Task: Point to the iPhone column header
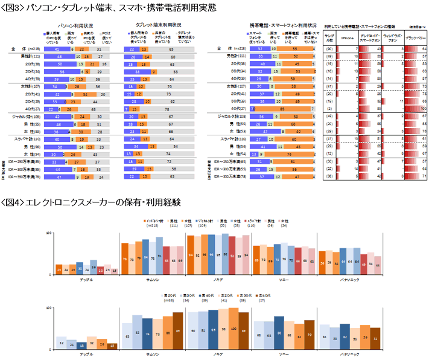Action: pos(348,37)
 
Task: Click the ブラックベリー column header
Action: pos(415,37)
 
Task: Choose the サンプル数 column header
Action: pos(330,37)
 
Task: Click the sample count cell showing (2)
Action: pos(330,108)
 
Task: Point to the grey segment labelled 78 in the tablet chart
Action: pos(166,108)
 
